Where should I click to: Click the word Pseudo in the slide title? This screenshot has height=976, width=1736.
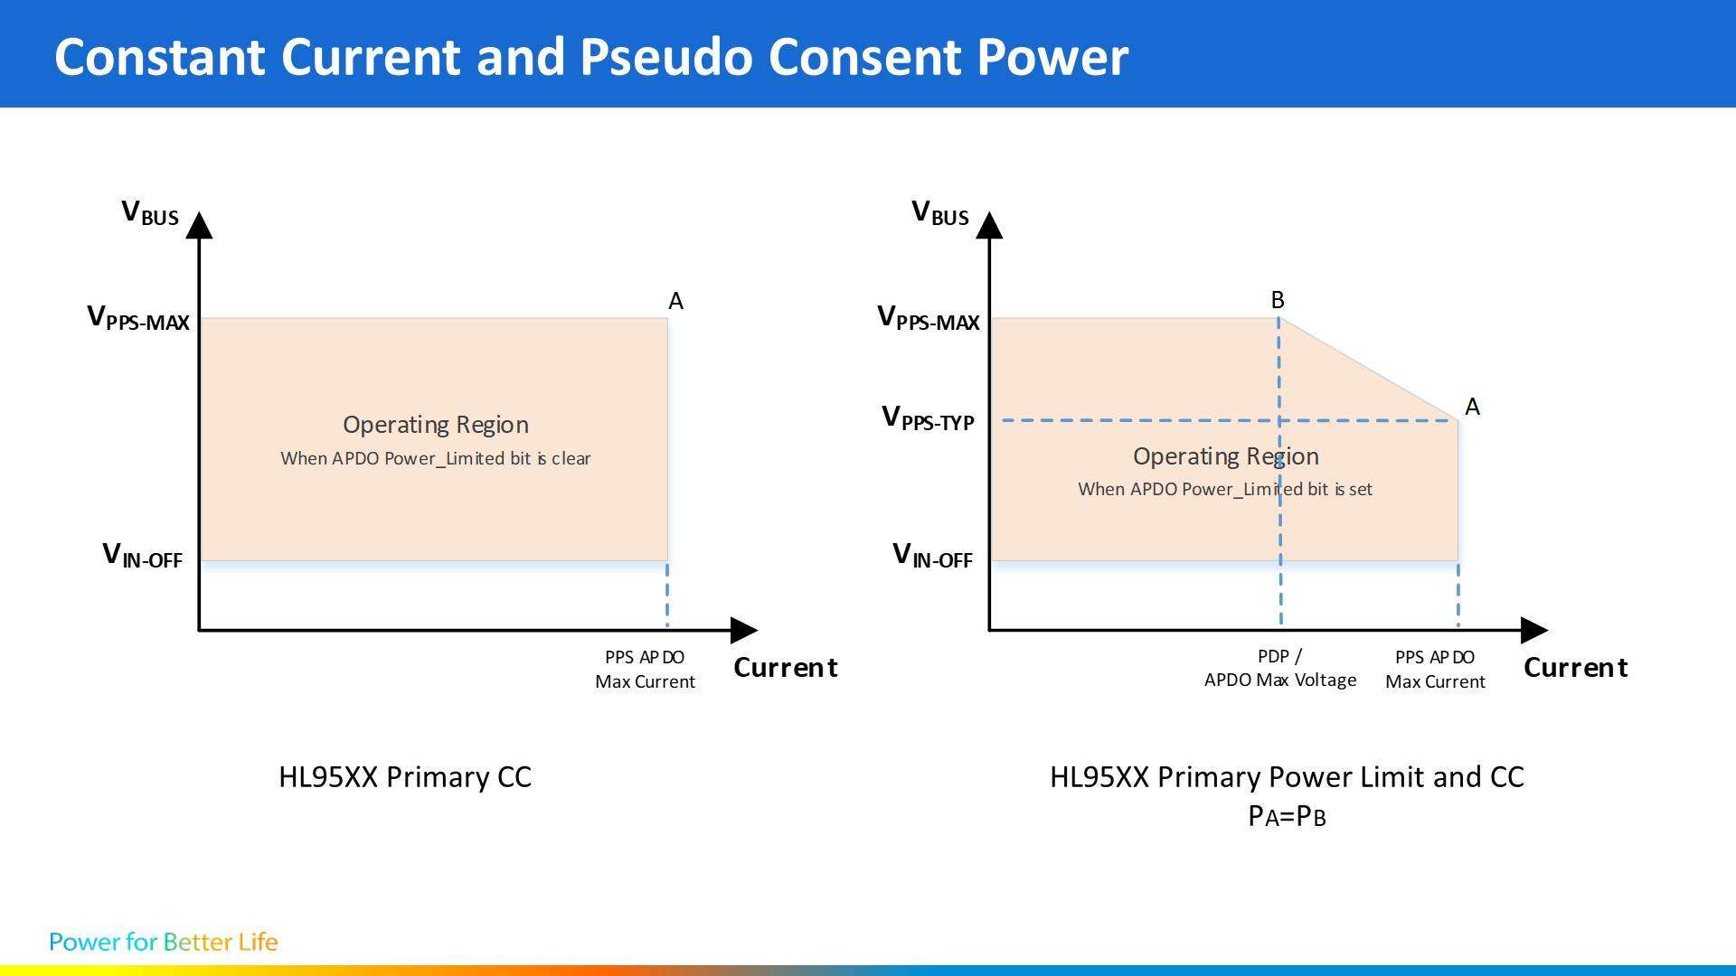[x=665, y=56]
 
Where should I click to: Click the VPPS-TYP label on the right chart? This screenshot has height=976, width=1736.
[x=928, y=418]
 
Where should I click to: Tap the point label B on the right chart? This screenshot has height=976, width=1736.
[x=1278, y=300]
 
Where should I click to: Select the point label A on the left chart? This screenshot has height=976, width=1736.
[x=675, y=302]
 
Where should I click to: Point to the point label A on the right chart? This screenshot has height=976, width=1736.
[x=1472, y=408]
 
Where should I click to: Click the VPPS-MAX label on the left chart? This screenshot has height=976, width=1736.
[x=138, y=318]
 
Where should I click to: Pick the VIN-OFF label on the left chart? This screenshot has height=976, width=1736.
[x=143, y=556]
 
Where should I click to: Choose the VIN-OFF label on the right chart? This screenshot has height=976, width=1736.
[x=932, y=556]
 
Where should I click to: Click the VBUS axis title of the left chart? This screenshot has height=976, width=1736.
[x=150, y=214]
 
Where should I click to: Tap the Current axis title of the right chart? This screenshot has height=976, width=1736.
[x=1575, y=668]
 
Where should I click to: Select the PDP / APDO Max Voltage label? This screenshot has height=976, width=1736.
[x=1280, y=669]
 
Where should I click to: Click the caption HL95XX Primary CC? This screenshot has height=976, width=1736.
[x=405, y=777]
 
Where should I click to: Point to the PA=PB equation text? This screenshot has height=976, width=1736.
[x=1287, y=816]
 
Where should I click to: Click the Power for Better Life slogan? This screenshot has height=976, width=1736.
[x=164, y=942]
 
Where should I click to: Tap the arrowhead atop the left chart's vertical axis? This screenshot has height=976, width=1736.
[x=199, y=226]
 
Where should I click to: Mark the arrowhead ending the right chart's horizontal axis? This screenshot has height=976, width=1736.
[x=1533, y=630]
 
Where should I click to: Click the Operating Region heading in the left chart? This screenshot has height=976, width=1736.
[x=436, y=425]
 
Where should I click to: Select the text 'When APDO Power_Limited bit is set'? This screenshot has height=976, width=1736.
[x=1225, y=489]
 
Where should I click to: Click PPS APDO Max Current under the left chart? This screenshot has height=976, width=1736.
[x=645, y=670]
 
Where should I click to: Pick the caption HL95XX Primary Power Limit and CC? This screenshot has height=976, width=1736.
[x=1287, y=777]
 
